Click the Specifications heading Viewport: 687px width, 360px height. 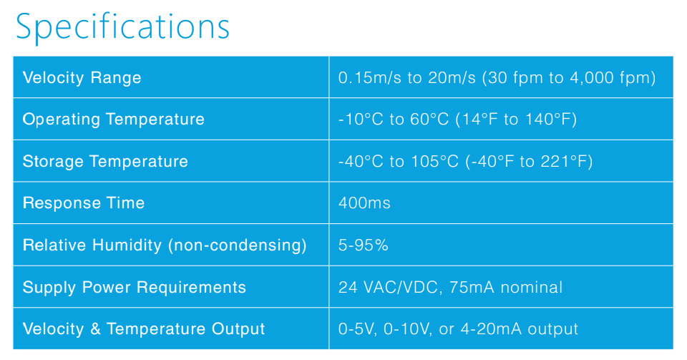click(x=122, y=27)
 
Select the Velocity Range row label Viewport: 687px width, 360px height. click(x=82, y=78)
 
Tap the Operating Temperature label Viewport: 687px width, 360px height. click(x=114, y=120)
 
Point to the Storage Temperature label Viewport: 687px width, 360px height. click(x=105, y=162)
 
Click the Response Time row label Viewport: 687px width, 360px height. click(x=84, y=203)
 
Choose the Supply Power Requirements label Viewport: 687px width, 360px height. click(x=135, y=287)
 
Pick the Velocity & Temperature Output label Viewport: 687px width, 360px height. click(x=144, y=329)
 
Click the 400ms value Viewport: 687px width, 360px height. click(x=364, y=203)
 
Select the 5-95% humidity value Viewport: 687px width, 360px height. click(x=364, y=245)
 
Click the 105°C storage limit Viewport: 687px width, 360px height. click(x=434, y=162)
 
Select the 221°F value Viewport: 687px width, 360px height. click(x=563, y=162)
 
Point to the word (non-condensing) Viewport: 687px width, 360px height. click(x=238, y=245)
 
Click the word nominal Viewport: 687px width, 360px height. click(x=532, y=287)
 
